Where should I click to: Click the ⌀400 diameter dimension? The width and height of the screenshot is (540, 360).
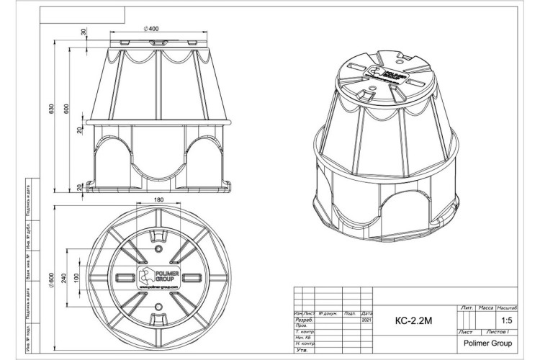(x=151, y=28)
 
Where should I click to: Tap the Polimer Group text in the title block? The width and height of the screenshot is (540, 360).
(x=485, y=343)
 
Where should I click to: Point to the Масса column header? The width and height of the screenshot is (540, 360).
(x=490, y=307)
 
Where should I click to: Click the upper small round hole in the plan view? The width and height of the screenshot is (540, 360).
(x=158, y=246)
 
